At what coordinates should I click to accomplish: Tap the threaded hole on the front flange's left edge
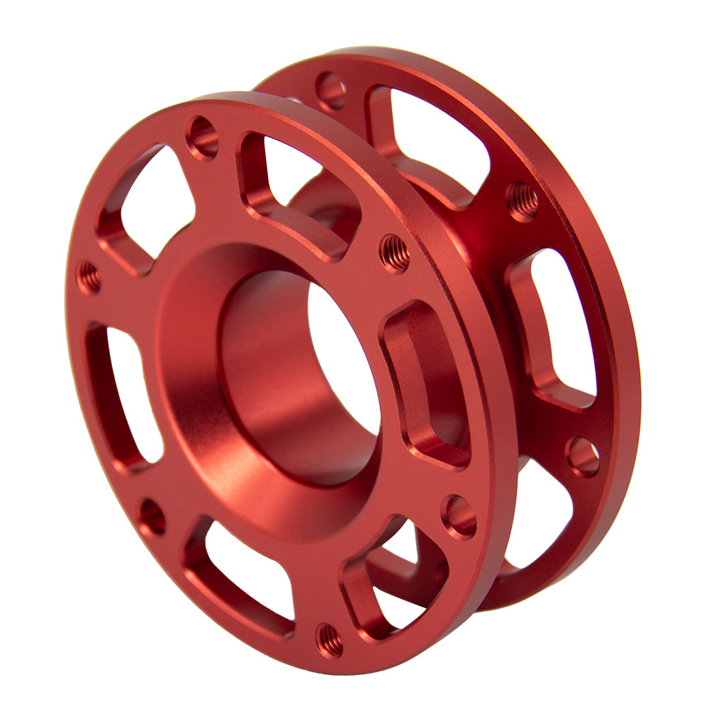tap(89, 277)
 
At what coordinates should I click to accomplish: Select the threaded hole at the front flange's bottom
tap(329, 640)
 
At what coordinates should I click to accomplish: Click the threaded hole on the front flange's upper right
tap(394, 252)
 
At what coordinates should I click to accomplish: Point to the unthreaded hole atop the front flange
tap(202, 137)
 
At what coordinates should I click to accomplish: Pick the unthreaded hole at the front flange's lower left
tap(152, 516)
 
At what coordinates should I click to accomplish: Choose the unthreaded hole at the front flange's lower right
tap(459, 516)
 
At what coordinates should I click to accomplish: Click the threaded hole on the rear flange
tap(522, 201)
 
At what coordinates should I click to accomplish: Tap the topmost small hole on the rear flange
tap(330, 90)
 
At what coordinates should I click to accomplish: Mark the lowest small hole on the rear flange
tap(582, 456)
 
